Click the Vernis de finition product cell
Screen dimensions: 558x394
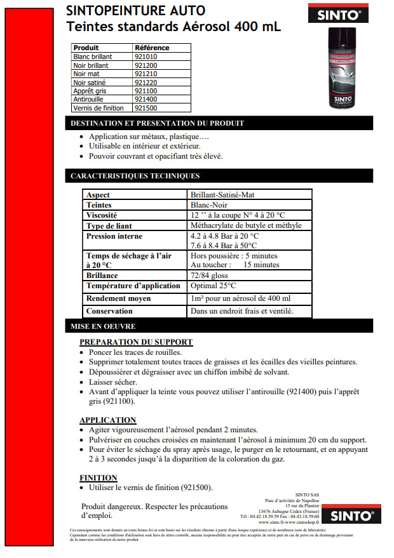(x=98, y=109)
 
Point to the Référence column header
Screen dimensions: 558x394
(x=152, y=48)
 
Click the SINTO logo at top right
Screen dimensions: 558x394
(x=346, y=13)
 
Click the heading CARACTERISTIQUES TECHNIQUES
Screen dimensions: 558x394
(x=135, y=176)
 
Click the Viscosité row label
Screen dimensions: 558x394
(x=102, y=215)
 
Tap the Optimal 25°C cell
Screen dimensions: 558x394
(x=214, y=286)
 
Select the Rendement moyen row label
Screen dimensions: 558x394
(x=118, y=298)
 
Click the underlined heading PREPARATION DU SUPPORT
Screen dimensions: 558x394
(x=136, y=342)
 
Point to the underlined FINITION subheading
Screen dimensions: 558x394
(x=98, y=478)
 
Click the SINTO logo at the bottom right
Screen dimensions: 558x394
(x=351, y=515)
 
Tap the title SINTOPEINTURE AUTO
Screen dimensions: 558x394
(x=136, y=11)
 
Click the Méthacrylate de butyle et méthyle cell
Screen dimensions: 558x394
(x=246, y=225)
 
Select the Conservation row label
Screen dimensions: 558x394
(x=109, y=311)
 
